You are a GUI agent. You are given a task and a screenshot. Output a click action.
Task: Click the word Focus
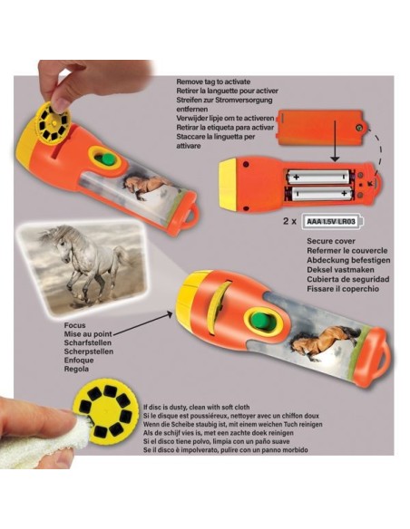tap(77, 325)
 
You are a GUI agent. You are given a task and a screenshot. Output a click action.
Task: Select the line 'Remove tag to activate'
tap(221, 82)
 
